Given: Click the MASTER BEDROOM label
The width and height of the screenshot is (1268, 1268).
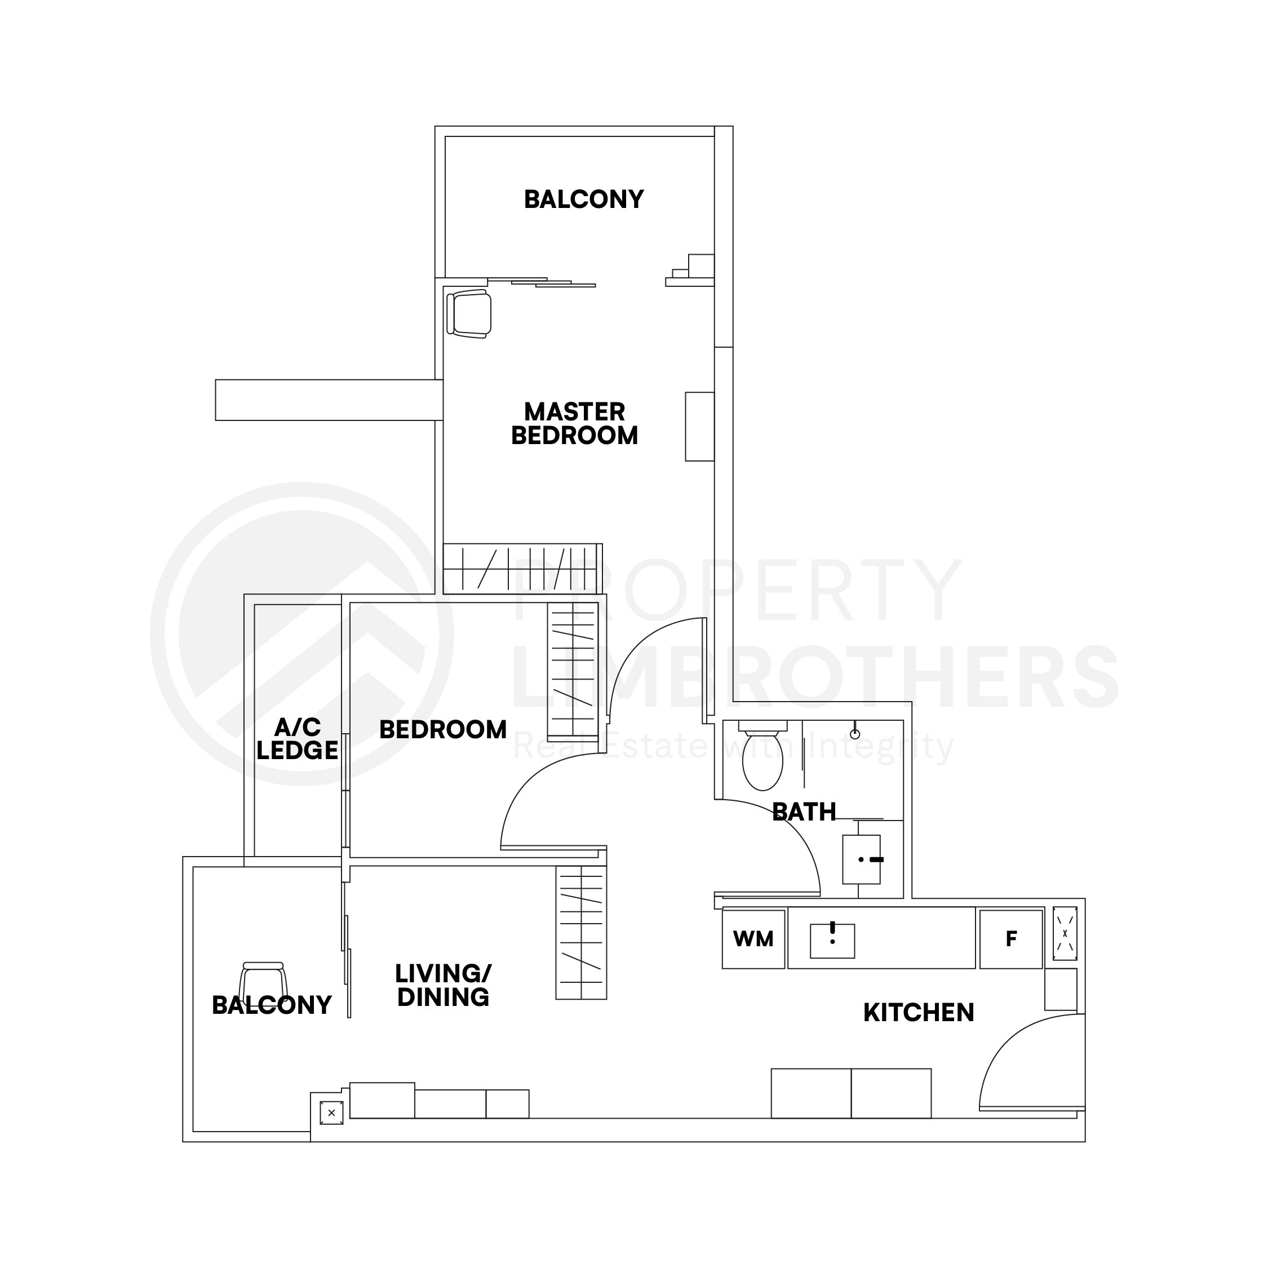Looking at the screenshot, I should tap(574, 424).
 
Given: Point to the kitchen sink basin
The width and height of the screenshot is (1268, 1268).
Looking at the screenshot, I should tap(832, 941).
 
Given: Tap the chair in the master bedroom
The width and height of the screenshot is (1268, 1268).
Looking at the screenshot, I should tap(469, 314).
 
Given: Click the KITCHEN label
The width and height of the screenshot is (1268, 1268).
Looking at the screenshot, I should tap(918, 1013).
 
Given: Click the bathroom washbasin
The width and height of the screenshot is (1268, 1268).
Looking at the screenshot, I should tap(861, 860).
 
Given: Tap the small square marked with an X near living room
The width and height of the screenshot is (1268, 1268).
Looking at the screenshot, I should tap(331, 1112).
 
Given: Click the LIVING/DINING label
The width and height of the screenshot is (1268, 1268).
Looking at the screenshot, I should tap(443, 985).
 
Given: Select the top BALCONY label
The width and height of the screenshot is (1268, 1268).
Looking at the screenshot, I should tap(583, 199).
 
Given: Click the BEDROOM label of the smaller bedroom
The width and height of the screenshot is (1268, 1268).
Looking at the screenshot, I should tap(443, 730).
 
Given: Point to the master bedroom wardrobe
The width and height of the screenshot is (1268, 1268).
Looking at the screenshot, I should tap(522, 569).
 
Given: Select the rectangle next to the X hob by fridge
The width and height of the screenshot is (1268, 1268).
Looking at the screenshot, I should tap(1061, 989).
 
